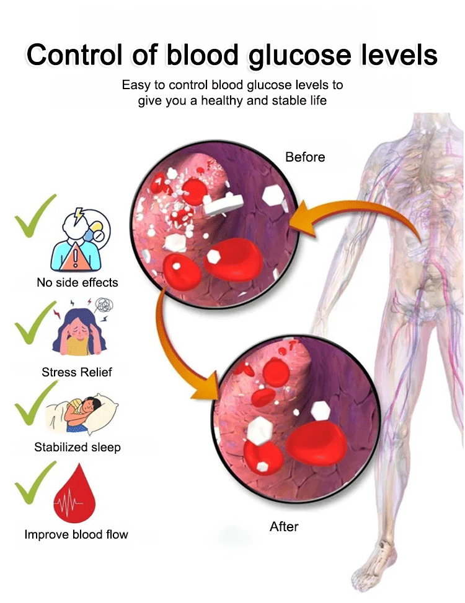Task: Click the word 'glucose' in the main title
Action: [299, 55]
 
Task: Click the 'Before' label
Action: [305, 157]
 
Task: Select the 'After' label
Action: [284, 526]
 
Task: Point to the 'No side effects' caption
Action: [77, 283]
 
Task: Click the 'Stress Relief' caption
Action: [77, 372]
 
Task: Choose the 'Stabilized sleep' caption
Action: [77, 447]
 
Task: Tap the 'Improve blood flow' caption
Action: [76, 534]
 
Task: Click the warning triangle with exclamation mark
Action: [75, 258]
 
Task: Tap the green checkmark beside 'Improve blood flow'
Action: [35, 483]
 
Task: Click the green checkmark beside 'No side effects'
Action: [35, 215]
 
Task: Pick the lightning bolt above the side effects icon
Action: [79, 215]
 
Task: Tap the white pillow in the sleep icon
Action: [101, 414]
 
